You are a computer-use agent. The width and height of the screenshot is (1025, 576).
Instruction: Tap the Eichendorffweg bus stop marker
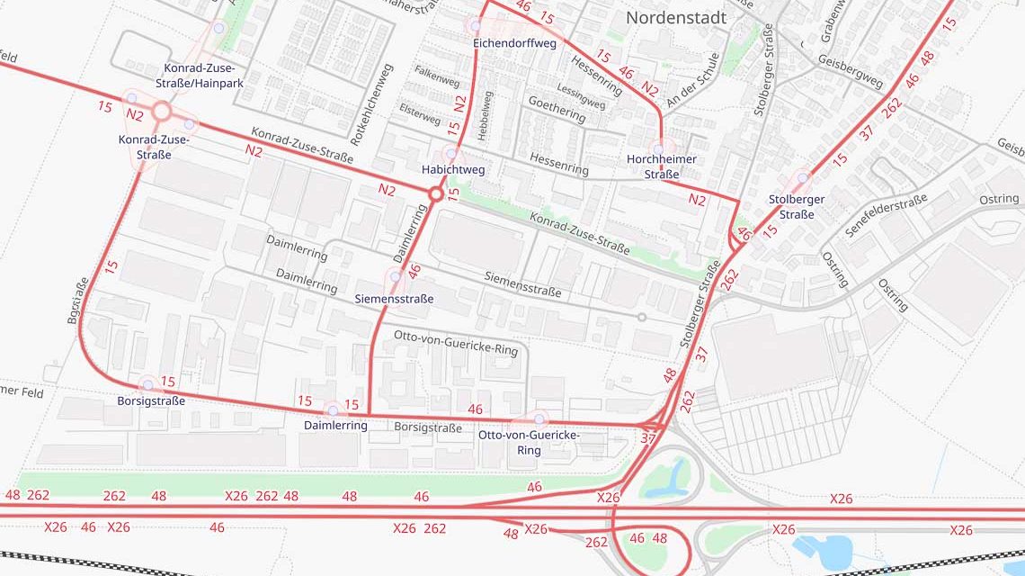click(475, 27)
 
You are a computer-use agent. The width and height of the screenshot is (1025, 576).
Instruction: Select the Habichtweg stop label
click(452, 169)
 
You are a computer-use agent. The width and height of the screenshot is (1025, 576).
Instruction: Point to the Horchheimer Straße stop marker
click(658, 149)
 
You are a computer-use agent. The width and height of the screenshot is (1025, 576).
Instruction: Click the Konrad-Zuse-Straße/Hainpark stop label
click(203, 76)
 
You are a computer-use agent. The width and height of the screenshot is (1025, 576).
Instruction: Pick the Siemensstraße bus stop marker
click(395, 277)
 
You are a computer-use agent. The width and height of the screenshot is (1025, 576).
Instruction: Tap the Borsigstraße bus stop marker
click(148, 385)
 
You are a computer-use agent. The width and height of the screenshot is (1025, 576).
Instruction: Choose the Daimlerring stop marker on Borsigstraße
click(333, 410)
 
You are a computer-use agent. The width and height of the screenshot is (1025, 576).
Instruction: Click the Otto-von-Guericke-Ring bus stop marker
click(539, 418)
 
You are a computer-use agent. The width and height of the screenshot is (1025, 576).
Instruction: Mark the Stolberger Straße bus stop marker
click(803, 178)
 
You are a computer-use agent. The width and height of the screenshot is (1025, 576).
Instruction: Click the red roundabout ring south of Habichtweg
click(436, 193)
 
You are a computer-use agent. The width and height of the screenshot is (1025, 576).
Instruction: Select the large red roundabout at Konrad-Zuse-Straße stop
click(162, 111)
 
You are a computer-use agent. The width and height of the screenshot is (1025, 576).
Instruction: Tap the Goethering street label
click(557, 109)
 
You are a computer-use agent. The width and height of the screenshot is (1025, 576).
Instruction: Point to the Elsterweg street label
click(421, 114)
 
